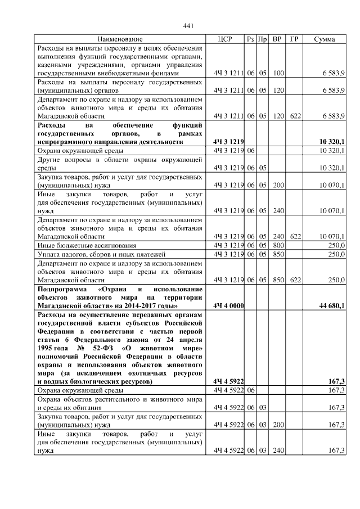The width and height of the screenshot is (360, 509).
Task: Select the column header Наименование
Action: tap(120, 39)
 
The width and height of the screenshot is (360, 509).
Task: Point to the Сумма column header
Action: tap(325, 39)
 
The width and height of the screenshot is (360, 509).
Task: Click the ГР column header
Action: tap(294, 39)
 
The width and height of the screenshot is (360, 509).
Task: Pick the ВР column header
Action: tap(277, 39)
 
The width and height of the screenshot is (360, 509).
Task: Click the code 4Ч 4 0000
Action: tap(228, 305)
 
